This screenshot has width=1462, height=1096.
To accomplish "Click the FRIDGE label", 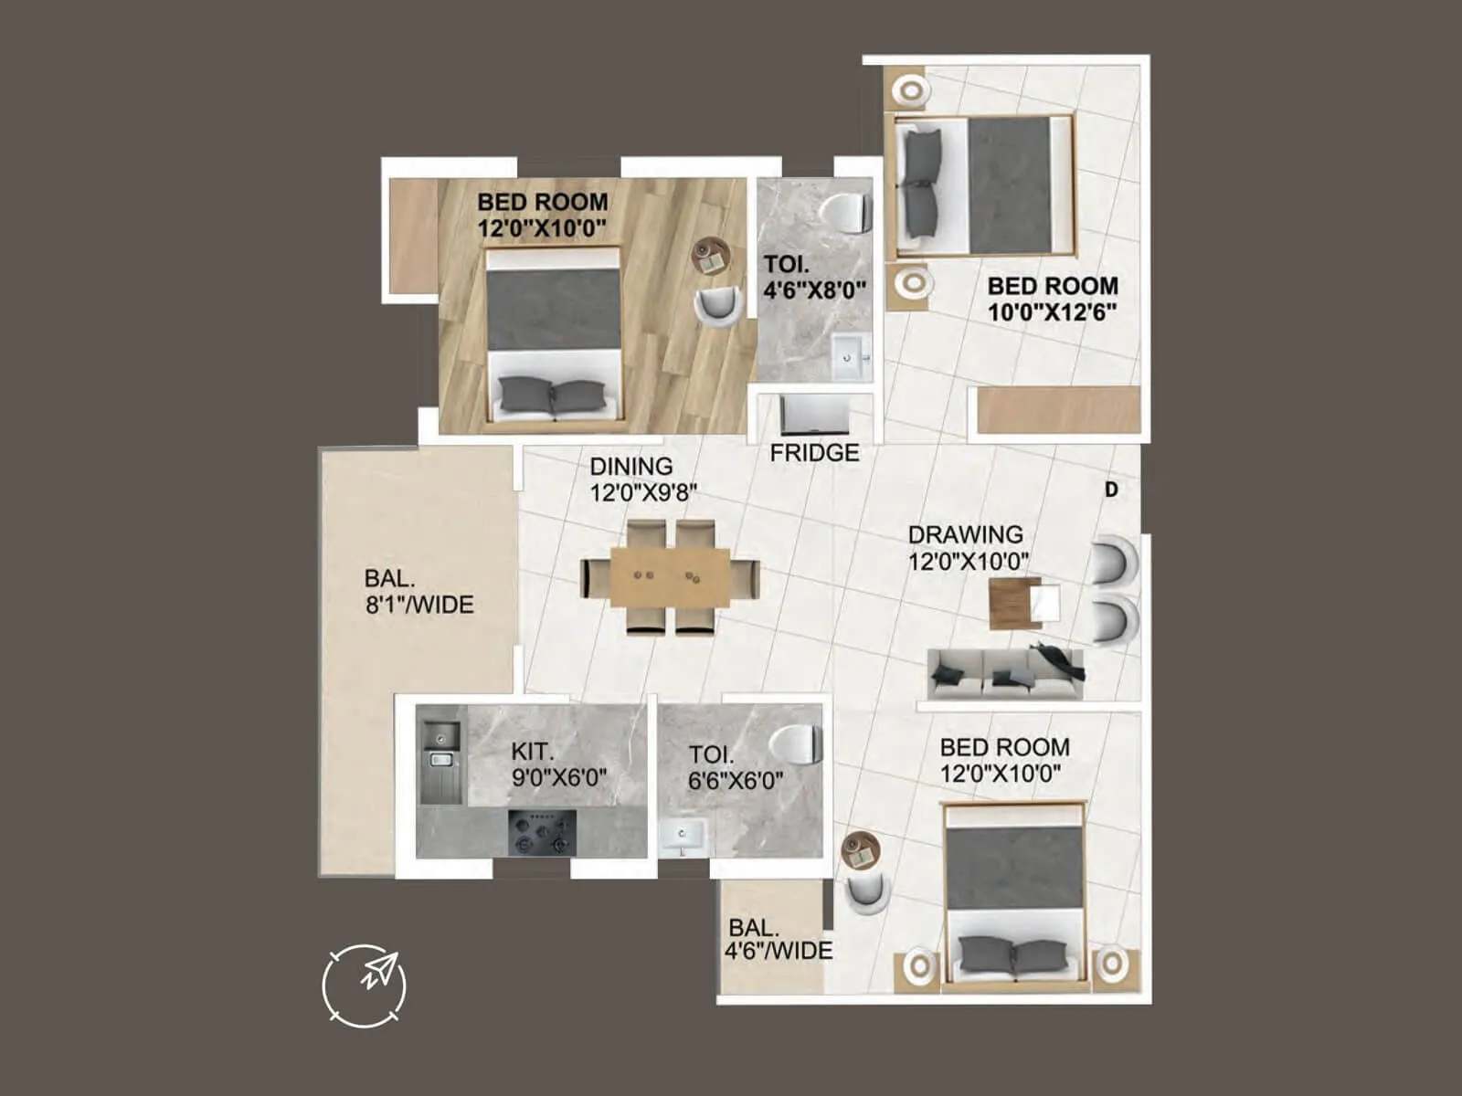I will pyautogui.click(x=814, y=453).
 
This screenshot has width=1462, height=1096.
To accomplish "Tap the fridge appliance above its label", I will pyautogui.click(x=814, y=415).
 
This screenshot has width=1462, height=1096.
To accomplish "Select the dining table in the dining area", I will pyautogui.click(x=670, y=576).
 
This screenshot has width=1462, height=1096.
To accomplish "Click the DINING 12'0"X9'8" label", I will pyautogui.click(x=642, y=479).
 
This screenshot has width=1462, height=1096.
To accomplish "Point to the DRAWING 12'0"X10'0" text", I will pyautogui.click(x=967, y=547).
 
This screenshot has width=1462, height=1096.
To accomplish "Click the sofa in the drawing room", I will pyautogui.click(x=1005, y=674).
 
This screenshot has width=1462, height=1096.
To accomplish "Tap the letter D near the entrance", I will pyautogui.click(x=1111, y=490).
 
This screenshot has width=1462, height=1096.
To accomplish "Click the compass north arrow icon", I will pyautogui.click(x=365, y=985).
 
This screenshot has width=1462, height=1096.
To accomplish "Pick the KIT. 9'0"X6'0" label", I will pyautogui.click(x=558, y=764).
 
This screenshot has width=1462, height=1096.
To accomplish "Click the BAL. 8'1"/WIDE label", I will pyautogui.click(x=418, y=591).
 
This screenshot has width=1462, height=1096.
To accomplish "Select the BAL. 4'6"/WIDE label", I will pyautogui.click(x=778, y=940).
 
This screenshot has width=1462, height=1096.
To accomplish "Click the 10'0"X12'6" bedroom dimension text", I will pyautogui.click(x=1052, y=312).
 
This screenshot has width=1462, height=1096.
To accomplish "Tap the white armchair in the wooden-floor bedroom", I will pyautogui.click(x=719, y=305).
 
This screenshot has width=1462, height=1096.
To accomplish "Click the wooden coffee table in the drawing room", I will pyautogui.click(x=1012, y=603).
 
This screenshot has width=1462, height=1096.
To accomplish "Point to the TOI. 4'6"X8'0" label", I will pyautogui.click(x=814, y=277).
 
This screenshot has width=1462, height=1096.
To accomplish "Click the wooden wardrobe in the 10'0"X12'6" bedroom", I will pyautogui.click(x=1058, y=409).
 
